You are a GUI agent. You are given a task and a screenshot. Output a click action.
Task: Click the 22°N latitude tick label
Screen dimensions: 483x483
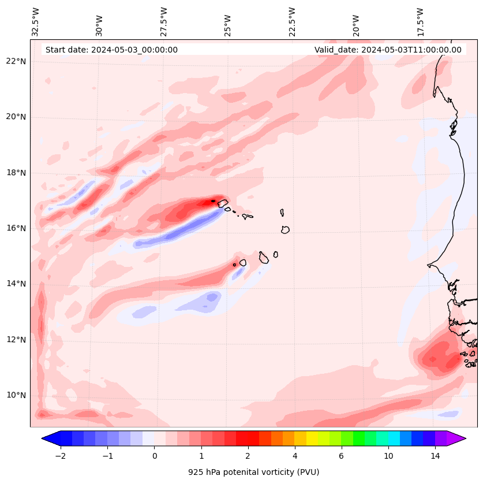(16, 61)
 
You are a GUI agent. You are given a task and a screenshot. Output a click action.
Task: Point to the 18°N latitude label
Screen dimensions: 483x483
(16, 173)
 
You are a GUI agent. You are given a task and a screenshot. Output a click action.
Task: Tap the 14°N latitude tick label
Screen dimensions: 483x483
(16, 284)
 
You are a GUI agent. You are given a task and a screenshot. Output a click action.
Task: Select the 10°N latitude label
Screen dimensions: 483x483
(16, 395)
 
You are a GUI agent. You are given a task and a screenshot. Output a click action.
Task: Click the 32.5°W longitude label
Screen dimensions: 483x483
(36, 22)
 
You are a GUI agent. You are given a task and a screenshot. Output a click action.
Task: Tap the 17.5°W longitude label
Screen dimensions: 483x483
(421, 22)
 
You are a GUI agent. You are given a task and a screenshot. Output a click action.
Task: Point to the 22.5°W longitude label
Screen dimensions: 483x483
(292, 22)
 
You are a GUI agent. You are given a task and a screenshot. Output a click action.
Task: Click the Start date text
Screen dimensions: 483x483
(111, 50)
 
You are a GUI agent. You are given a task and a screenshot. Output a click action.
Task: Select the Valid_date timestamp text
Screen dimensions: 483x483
(388, 50)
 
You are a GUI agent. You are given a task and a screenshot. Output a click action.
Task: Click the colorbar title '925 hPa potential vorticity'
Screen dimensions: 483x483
(253, 472)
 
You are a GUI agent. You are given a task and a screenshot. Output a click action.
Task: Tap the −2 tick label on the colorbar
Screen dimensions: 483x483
(60, 456)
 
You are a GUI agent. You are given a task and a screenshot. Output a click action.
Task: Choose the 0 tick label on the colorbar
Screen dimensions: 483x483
(154, 456)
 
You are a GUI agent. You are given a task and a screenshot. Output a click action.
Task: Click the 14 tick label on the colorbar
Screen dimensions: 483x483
(435, 456)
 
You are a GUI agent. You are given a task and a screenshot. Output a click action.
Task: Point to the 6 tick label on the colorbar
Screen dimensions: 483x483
(341, 456)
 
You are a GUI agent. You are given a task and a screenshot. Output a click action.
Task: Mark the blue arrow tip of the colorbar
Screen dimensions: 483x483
(50, 438)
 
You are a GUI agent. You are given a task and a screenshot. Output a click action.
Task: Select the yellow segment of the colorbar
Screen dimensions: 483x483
(312, 438)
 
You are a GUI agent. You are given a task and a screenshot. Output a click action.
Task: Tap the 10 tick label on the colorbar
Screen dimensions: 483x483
(388, 456)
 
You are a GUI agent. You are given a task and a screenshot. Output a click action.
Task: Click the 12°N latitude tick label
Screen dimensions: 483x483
(16, 340)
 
